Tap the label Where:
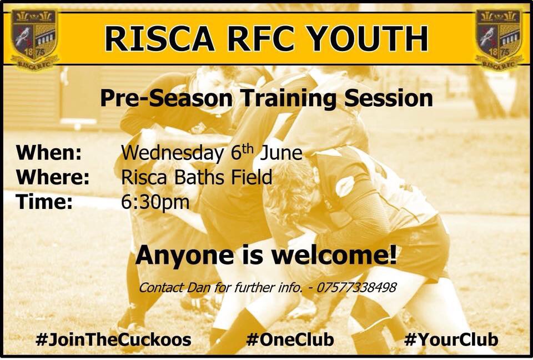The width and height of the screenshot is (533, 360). click(53, 177)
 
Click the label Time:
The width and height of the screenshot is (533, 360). click(45, 202)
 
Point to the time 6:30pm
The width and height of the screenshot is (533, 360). click(155, 202)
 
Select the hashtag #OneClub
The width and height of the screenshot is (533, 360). click(289, 339)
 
